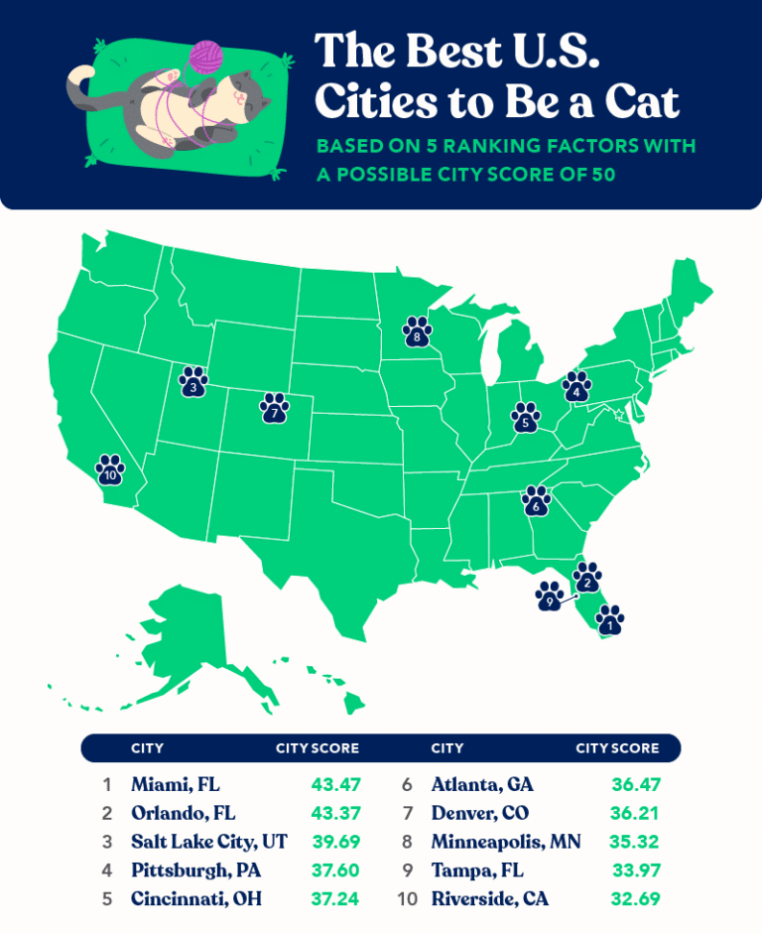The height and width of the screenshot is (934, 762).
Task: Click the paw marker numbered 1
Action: click(610, 620)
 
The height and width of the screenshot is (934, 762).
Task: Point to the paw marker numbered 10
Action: click(109, 469)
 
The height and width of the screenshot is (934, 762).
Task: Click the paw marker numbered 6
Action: click(536, 500)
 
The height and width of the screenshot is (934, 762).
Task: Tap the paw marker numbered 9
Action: click(549, 597)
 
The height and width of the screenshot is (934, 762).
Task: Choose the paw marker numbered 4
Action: click(575, 386)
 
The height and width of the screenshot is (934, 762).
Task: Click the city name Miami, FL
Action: click(175, 784)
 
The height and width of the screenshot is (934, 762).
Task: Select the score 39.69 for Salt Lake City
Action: click(332, 842)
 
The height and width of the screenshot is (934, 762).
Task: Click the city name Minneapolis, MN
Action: click(506, 842)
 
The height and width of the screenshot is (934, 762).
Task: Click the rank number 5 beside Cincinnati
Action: click(106, 899)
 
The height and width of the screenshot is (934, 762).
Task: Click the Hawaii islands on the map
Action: click(327, 685)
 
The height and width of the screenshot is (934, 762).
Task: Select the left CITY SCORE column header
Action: click(317, 747)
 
